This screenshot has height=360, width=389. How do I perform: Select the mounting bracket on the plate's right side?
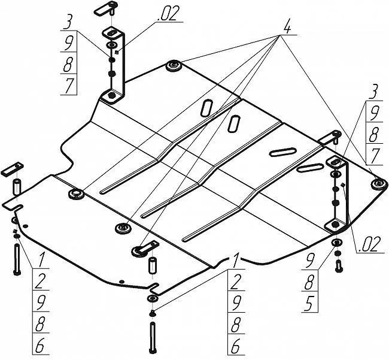[336, 193]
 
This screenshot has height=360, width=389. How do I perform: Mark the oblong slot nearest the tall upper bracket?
[206, 108]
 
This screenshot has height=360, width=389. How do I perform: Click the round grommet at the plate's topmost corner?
[174, 65]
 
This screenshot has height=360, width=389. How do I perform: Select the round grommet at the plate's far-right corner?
[376, 183]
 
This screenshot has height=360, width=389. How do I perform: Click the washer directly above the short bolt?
[336, 242]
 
